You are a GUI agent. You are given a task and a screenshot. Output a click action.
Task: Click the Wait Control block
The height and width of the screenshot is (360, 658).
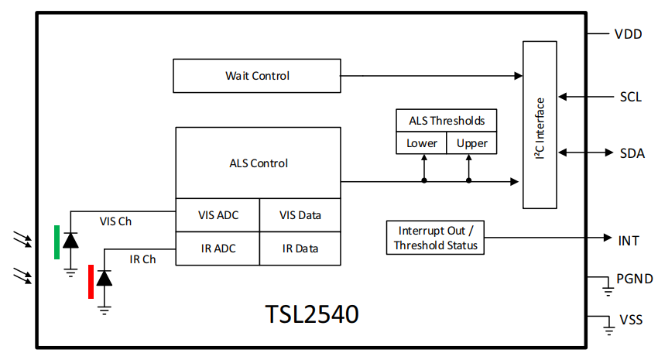pos(256,76)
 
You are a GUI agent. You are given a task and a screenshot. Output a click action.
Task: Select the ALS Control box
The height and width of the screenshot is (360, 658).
pos(258,163)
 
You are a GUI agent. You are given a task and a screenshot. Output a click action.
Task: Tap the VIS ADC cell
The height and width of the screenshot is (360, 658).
pos(218,215)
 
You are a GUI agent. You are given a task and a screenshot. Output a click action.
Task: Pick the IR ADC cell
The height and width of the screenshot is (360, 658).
pos(218,249)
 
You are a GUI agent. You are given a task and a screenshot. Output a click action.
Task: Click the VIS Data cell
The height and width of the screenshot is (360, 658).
pos(300,215)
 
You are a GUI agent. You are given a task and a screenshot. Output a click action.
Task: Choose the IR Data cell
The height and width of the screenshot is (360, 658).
pos(300,249)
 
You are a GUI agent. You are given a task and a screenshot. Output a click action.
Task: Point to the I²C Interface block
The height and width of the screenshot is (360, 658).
pos(540,125)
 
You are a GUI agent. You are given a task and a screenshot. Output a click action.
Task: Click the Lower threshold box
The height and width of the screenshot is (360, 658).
pos(422,143)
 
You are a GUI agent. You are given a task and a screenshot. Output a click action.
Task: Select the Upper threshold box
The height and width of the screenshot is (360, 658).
pos(471,143)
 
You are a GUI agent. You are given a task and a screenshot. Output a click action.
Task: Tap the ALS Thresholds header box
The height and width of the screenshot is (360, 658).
pos(447,121)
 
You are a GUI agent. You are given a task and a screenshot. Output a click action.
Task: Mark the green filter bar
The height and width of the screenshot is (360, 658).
pos(57,242)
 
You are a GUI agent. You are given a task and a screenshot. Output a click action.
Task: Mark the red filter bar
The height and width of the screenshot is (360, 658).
pos(91,281)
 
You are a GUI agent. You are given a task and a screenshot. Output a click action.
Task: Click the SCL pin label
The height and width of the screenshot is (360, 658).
pos(630,97)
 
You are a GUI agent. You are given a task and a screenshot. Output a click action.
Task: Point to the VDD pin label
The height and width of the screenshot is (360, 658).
pos(628,34)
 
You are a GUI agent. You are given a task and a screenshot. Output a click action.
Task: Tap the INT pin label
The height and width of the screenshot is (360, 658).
pos(629,241)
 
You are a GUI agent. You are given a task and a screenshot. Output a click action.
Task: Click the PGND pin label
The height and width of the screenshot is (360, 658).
pos(634,279)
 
